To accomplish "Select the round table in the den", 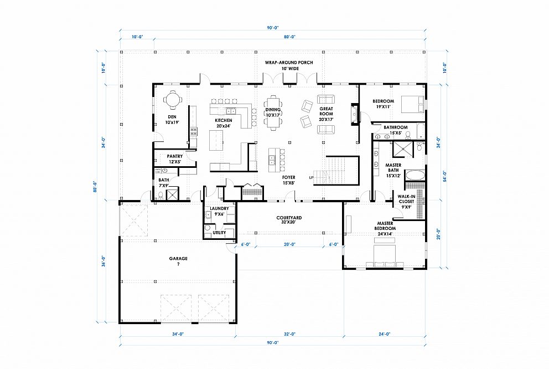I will coord(172,100).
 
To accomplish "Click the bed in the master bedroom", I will coord(385,254).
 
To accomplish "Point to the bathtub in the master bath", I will coord(415,175).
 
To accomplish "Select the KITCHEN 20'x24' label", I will coord(224,122).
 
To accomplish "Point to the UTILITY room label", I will coord(219,233).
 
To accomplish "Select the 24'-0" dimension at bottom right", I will coord(385,334).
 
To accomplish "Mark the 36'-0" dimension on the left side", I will coord(103,262).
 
